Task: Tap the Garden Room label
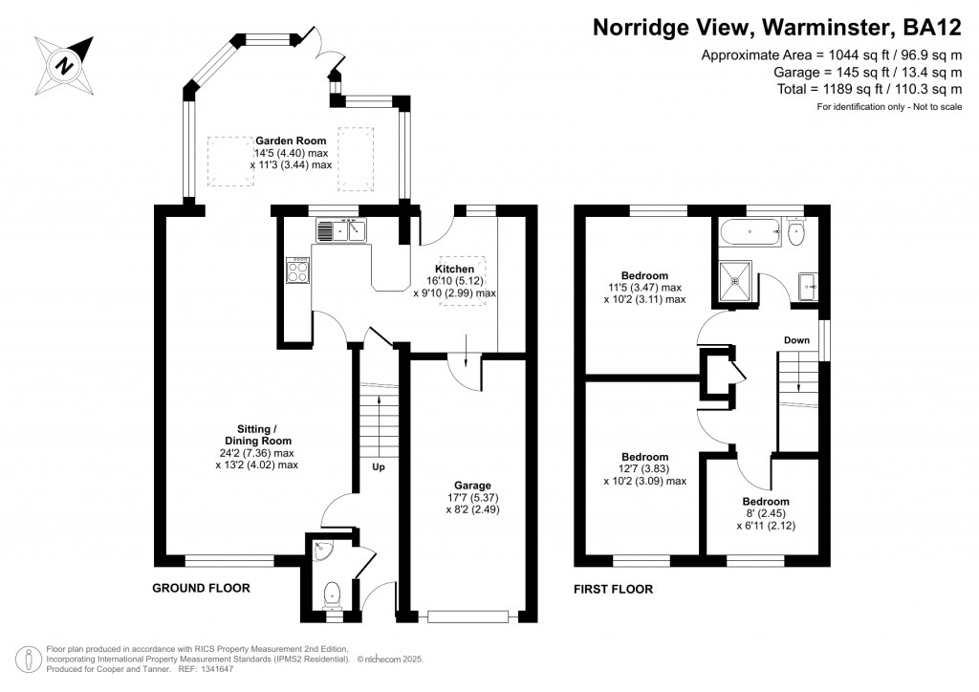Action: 277,141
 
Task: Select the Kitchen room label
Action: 455,270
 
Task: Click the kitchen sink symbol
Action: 341,230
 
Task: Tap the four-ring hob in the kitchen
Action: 298,271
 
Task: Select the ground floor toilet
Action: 332,594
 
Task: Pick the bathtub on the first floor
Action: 750,231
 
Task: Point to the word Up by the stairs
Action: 380,468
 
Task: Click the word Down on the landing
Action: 797,340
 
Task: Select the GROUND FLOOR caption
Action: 202,589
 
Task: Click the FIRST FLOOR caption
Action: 613,590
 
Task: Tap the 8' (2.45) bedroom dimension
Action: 768,513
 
